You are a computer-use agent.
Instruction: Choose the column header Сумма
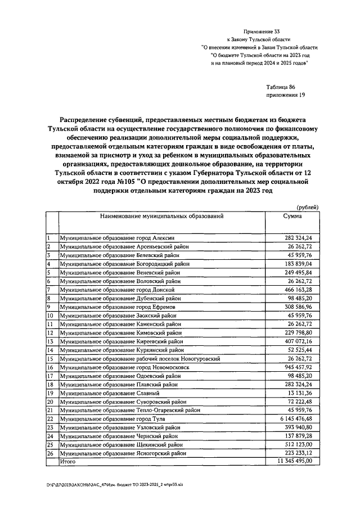pyautogui.click(x=292, y=216)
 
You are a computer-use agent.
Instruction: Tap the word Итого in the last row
pyautogui.click(x=68, y=461)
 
